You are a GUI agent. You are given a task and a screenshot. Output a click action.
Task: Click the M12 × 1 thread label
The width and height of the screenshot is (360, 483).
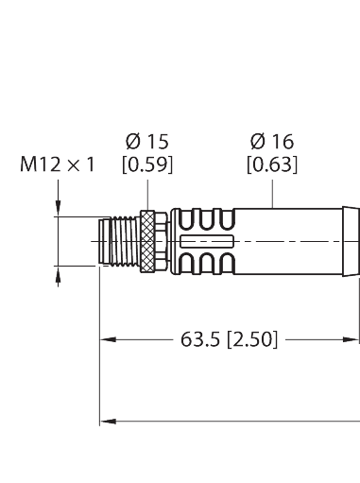(x=58, y=164)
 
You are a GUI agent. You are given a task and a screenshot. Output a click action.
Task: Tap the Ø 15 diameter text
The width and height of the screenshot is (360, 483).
(x=146, y=142)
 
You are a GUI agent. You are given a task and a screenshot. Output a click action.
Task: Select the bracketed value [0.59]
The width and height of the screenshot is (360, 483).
(x=146, y=164)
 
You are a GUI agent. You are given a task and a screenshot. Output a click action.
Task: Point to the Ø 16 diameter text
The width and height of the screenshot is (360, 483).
(x=272, y=142)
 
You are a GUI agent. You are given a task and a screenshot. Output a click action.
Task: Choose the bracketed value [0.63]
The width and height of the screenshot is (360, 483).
(x=272, y=164)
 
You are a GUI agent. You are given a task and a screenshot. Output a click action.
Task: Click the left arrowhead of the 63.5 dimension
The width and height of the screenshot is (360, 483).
(x=107, y=338)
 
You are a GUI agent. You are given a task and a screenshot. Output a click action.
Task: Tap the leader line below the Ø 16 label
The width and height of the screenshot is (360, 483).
(x=272, y=192)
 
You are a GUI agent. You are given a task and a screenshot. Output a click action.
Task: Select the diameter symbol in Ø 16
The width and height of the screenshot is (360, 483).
(x=257, y=142)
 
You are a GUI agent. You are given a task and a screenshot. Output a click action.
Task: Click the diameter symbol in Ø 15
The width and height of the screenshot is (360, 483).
(x=132, y=142)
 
